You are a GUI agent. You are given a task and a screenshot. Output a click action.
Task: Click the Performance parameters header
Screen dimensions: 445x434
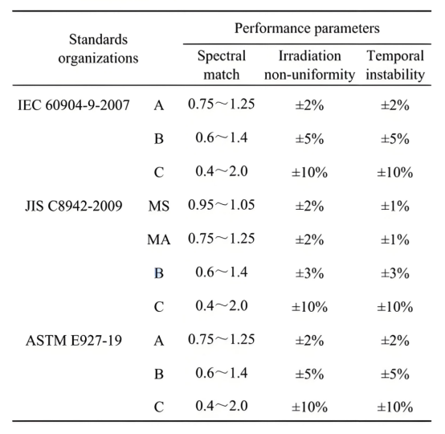pyautogui.click(x=307, y=28)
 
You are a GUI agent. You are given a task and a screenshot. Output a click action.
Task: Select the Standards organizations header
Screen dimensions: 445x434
pyautogui.click(x=98, y=48)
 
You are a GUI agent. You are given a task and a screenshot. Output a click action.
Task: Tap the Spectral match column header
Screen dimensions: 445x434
pyautogui.click(x=222, y=65)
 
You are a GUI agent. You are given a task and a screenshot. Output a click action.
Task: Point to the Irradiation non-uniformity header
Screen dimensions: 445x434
pyautogui.click(x=309, y=65)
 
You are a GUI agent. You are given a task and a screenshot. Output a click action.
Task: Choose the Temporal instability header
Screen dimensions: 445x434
pyautogui.click(x=395, y=65)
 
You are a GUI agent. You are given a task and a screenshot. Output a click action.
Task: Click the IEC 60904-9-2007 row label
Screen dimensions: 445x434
pyautogui.click(x=74, y=105)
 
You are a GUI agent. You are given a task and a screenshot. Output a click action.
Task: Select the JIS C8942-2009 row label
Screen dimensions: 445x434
pyautogui.click(x=74, y=206)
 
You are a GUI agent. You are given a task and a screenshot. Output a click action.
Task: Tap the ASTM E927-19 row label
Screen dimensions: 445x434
pyautogui.click(x=74, y=340)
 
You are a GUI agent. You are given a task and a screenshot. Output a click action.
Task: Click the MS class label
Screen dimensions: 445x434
pyautogui.click(x=159, y=207)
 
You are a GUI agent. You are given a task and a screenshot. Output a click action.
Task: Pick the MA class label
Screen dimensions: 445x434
pyautogui.click(x=159, y=240)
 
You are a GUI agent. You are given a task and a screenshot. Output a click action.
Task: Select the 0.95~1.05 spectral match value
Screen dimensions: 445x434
pyautogui.click(x=222, y=205)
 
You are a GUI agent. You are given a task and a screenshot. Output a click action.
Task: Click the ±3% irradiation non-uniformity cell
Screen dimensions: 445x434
pyautogui.click(x=309, y=273)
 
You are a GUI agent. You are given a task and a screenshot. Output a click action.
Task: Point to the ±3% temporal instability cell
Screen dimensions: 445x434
pyautogui.click(x=394, y=273)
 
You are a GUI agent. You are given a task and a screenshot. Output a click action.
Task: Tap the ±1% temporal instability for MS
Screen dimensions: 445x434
pyautogui.click(x=394, y=207)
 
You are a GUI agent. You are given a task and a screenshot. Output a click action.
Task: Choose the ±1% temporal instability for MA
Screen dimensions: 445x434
pyautogui.click(x=394, y=240)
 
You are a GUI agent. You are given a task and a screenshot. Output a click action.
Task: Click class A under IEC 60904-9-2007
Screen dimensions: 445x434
pyautogui.click(x=159, y=105)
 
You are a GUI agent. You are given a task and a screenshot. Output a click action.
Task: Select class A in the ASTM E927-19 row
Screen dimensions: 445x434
pyautogui.click(x=159, y=341)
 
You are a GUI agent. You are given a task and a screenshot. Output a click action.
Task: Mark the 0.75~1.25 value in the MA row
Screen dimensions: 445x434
pyautogui.click(x=222, y=239)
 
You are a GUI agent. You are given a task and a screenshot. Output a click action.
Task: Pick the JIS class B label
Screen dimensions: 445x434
pyautogui.click(x=159, y=273)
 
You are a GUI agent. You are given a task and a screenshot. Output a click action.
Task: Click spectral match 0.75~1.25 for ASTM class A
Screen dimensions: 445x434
pyautogui.click(x=222, y=339)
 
